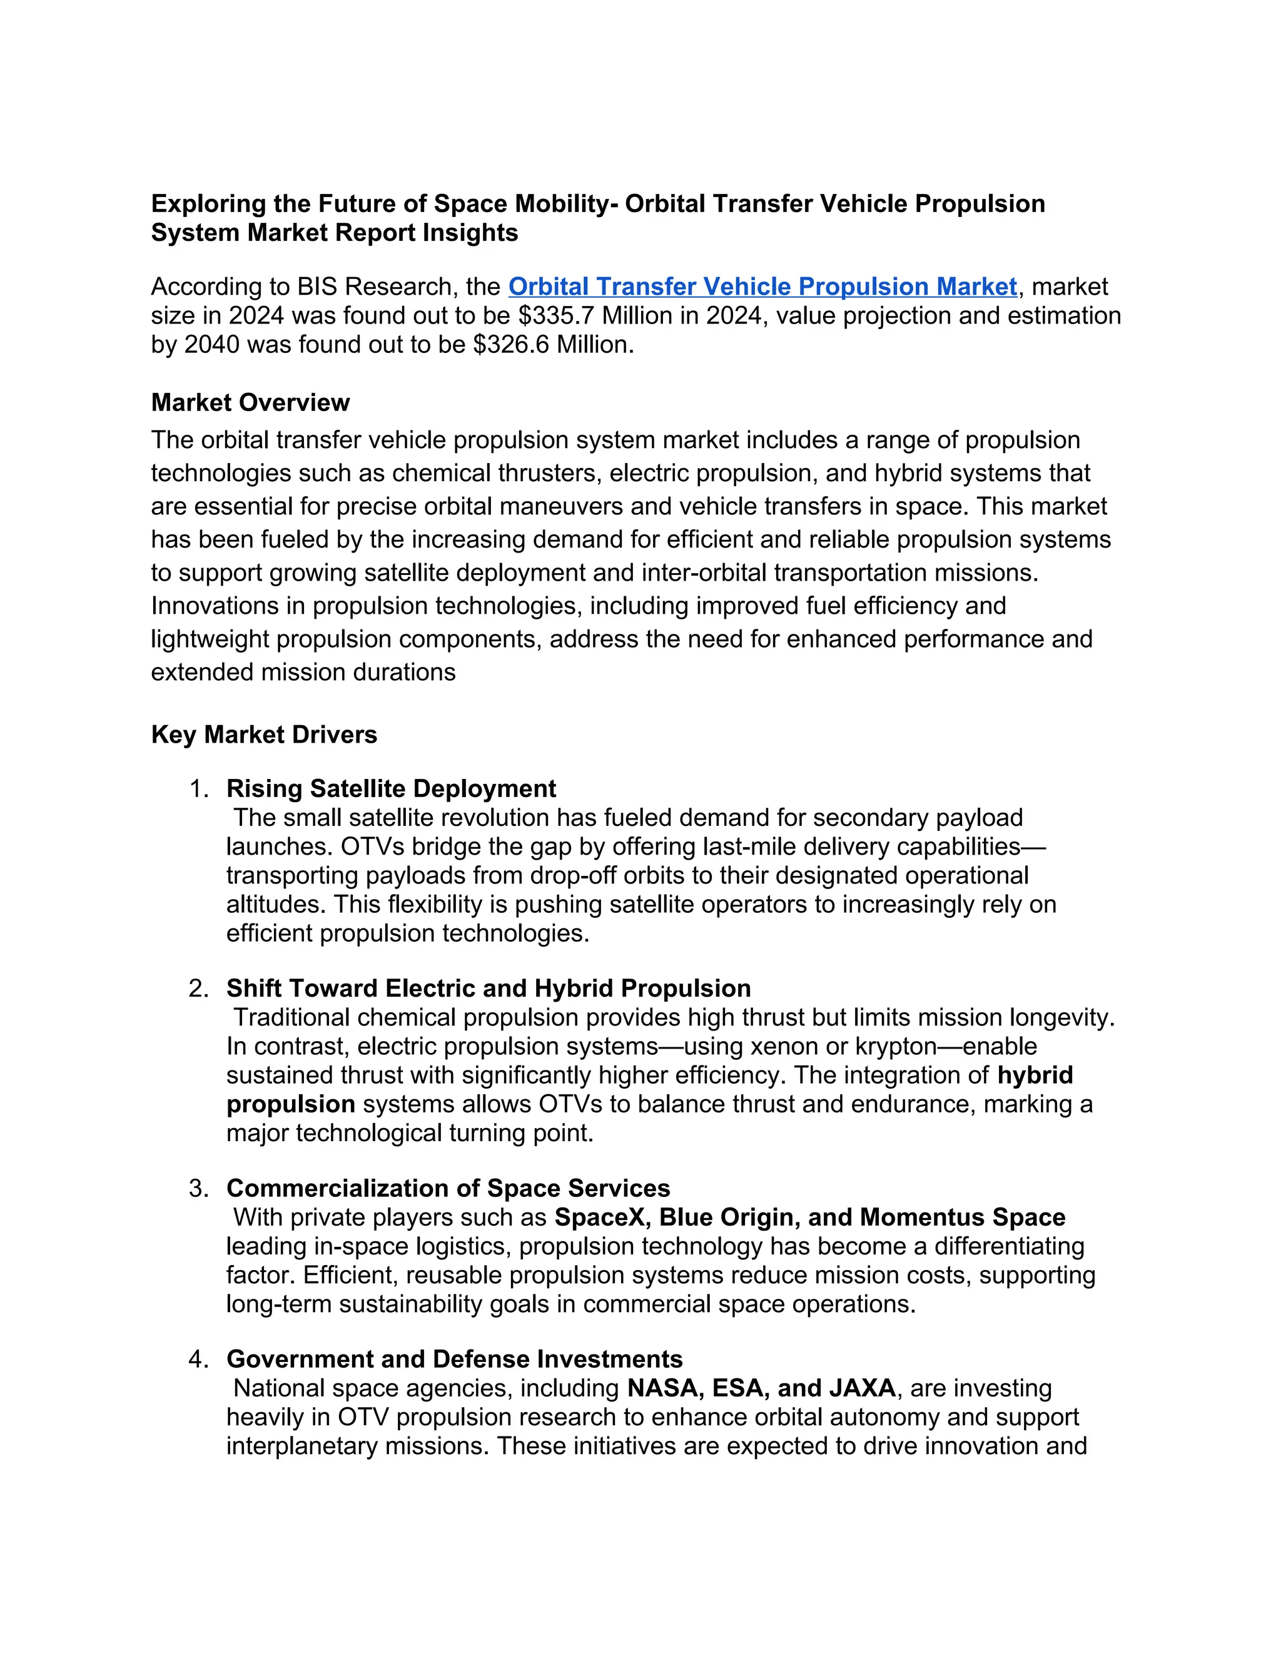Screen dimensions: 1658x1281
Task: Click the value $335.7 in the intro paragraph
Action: pos(552,315)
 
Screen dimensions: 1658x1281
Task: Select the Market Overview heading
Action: pos(250,402)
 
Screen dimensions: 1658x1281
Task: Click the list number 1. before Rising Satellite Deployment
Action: pos(199,789)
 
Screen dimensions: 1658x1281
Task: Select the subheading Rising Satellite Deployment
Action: pos(391,789)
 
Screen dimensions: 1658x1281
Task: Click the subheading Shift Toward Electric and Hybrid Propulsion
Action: pos(488,989)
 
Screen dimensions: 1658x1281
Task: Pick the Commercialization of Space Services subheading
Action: pos(448,1188)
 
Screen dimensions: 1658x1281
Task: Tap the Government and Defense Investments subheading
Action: pos(454,1359)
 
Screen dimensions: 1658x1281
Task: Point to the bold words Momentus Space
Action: pos(962,1217)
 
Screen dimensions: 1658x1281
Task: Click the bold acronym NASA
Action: pos(662,1388)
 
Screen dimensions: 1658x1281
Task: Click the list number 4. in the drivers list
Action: pos(199,1359)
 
